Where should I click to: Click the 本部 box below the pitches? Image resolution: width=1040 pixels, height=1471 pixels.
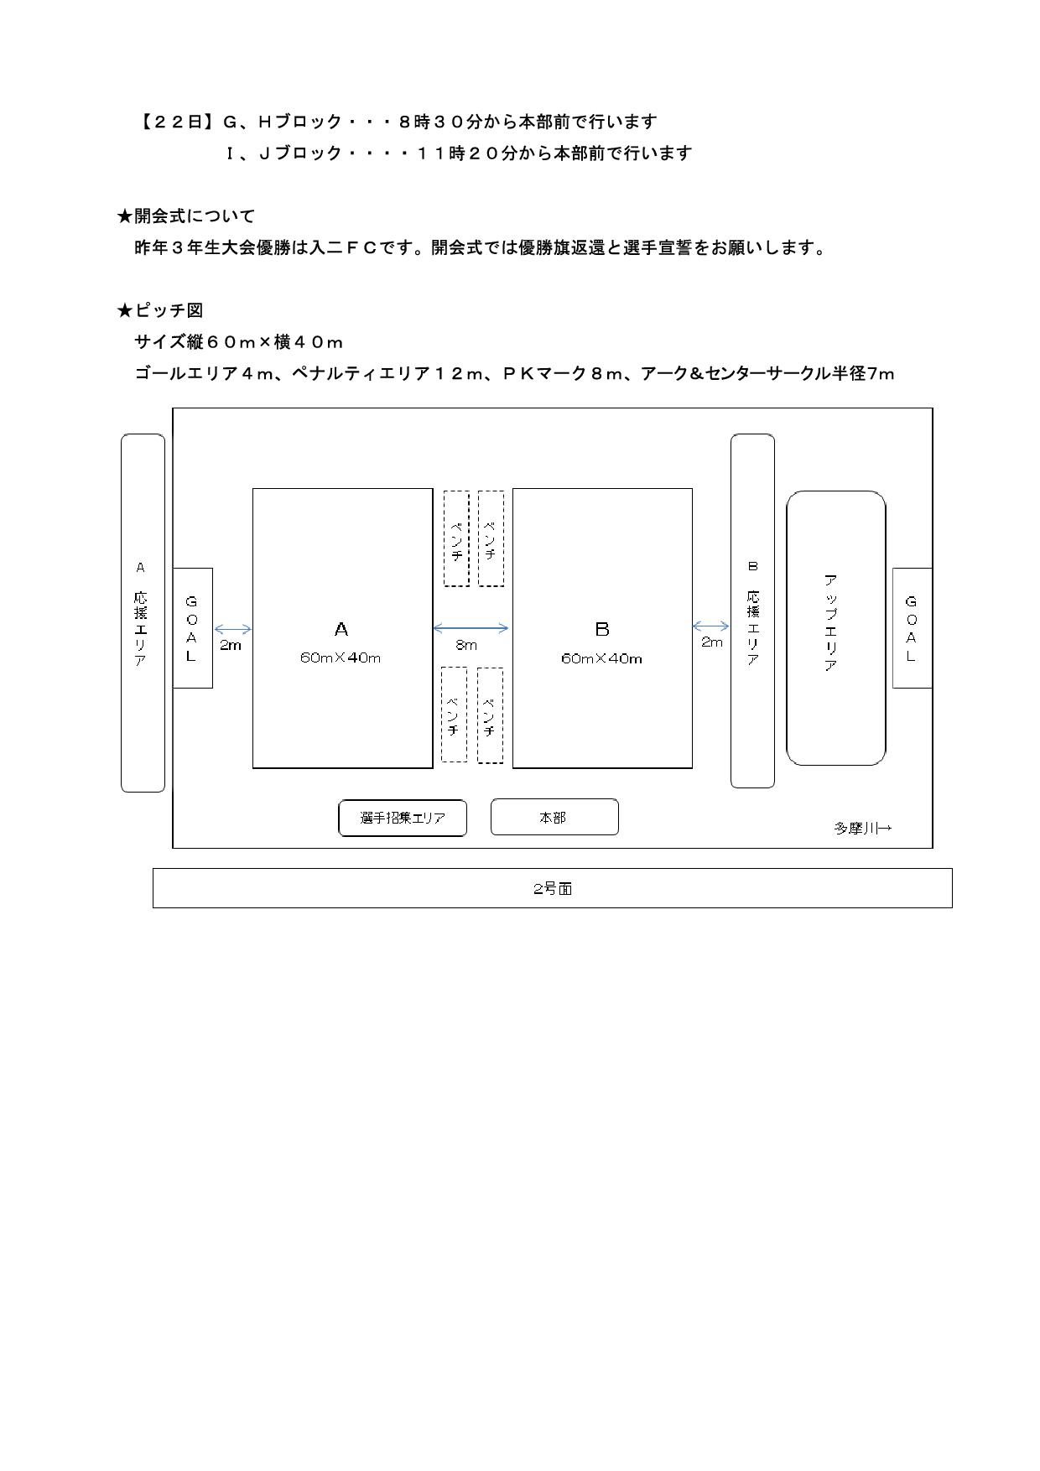point(554,817)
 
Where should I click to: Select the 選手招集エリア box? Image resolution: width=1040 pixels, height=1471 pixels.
point(403,818)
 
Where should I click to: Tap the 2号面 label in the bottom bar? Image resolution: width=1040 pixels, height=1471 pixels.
point(553,889)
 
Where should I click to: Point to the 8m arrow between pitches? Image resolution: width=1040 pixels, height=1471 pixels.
point(471,628)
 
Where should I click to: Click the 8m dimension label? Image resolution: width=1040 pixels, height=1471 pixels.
point(466,645)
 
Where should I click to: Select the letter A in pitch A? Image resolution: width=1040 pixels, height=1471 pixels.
point(341,629)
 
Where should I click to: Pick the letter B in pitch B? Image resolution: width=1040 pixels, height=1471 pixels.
point(602,629)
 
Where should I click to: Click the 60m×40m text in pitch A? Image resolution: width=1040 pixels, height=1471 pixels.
point(341,658)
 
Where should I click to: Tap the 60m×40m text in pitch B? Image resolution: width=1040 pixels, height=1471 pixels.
point(602,659)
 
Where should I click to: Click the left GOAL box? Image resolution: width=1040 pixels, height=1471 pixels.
point(192,628)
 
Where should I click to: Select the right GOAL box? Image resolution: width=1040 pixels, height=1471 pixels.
point(913,628)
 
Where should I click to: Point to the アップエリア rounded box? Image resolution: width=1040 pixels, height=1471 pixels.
point(836,628)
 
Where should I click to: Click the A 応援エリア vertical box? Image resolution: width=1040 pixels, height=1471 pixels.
point(143,613)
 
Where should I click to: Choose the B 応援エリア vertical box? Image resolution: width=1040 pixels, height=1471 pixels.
point(752,611)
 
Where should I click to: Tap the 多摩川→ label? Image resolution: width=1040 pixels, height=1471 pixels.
point(863,828)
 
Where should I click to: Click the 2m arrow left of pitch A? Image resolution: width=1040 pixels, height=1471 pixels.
point(232,630)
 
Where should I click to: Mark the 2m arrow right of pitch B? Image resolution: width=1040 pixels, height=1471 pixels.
point(711,626)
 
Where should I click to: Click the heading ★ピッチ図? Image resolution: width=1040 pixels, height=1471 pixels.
point(160,310)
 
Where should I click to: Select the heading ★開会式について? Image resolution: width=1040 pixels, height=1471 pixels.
point(185,216)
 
